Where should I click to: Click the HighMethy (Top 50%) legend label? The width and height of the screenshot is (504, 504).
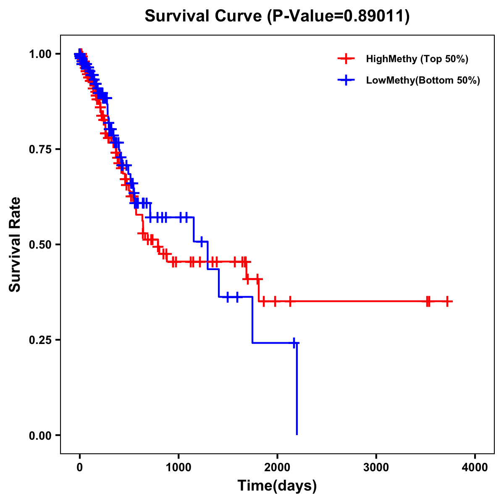point(417,59)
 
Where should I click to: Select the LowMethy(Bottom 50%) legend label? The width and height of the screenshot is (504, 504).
point(423,80)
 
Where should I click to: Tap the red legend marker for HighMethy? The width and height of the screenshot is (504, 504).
point(346,59)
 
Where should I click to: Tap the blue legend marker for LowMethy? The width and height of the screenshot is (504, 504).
point(346,80)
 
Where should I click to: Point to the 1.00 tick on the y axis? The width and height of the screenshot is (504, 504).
point(40,54)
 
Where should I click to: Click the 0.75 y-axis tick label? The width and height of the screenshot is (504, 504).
point(40,149)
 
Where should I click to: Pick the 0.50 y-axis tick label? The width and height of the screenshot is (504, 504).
point(40,244)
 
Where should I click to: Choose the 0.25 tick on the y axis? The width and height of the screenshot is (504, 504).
point(40,340)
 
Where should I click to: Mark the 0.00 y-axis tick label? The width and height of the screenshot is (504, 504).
point(40,435)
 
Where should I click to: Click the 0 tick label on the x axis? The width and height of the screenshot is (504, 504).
point(80,467)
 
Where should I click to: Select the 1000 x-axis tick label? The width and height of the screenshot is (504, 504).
point(178,467)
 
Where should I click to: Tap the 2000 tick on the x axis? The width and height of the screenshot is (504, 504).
point(277,467)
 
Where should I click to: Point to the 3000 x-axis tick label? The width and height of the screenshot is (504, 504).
point(376,467)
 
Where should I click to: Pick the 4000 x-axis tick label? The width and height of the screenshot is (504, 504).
point(475,467)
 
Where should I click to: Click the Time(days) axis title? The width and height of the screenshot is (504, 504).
point(277,486)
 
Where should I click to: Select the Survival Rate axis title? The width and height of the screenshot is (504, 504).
point(16,244)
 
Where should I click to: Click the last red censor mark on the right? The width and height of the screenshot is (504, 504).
point(448,301)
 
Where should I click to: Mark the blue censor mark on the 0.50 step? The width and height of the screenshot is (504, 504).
point(202,241)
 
